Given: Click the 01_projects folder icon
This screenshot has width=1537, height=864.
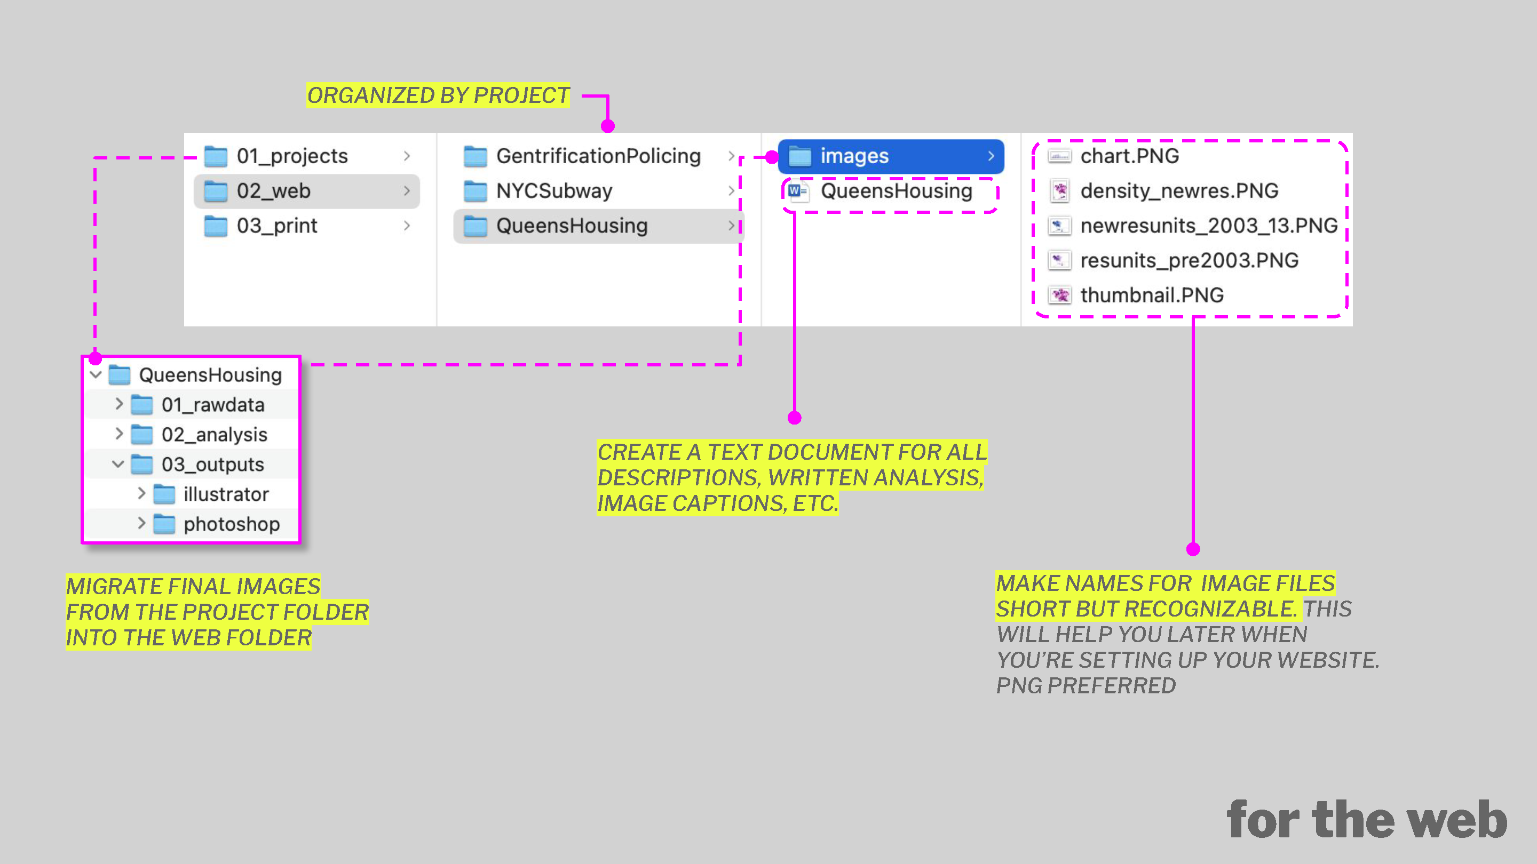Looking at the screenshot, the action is [216, 156].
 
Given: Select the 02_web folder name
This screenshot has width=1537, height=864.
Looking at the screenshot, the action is [273, 191].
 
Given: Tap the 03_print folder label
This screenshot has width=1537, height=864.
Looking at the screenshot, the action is [277, 226].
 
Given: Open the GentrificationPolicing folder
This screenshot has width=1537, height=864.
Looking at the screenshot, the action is [598, 156].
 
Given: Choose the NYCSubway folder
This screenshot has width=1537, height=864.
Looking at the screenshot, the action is [554, 191].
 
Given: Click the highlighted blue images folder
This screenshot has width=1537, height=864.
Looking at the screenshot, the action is [891, 156].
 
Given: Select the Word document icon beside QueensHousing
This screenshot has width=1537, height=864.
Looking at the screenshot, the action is [798, 191].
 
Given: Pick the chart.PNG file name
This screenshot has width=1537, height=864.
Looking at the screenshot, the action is [1129, 156].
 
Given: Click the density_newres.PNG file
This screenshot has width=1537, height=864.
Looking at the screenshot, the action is [1179, 191].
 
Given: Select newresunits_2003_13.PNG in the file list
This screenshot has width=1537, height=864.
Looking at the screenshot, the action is [1209, 226].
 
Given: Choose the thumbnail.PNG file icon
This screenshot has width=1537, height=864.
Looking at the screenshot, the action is [1060, 295].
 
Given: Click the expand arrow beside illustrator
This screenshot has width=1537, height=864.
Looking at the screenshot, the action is [141, 494].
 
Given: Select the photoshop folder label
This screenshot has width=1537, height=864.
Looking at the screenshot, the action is [232, 524].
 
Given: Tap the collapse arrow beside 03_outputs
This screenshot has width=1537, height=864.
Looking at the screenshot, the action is [118, 464].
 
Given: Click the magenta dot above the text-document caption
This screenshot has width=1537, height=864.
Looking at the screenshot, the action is [794, 418].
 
